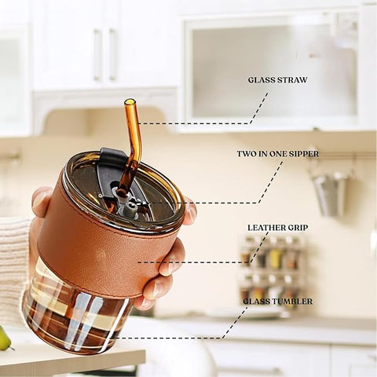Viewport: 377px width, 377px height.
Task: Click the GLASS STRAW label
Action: click(x=277, y=80)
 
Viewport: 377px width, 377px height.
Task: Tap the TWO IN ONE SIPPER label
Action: click(x=278, y=154)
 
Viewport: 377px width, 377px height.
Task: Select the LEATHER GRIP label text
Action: click(x=278, y=228)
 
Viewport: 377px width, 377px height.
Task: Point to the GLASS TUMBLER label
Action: click(x=278, y=301)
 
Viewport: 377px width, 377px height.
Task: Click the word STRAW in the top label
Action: click(x=292, y=80)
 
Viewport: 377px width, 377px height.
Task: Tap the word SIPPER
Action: click(x=303, y=154)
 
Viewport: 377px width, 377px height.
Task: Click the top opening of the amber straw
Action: click(x=129, y=101)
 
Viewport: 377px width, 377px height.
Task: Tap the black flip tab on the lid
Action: click(x=112, y=155)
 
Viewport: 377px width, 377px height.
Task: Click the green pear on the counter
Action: click(x=5, y=339)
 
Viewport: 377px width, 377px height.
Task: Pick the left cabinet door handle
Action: click(x=97, y=54)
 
